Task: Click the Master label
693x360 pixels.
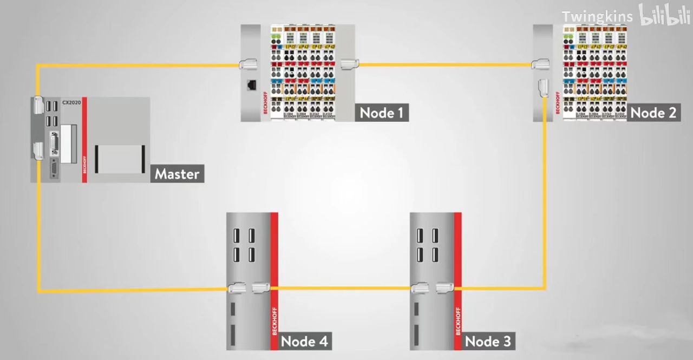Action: [177, 174]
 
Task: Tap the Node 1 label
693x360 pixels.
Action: [382, 113]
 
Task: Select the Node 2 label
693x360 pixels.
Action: [653, 113]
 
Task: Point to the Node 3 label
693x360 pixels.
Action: [487, 341]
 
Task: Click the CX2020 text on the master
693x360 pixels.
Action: [71, 102]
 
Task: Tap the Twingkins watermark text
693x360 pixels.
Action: [597, 17]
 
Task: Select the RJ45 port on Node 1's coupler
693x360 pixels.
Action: [252, 85]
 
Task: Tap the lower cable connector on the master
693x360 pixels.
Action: [37, 150]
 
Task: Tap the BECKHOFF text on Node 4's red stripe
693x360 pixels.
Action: [274, 320]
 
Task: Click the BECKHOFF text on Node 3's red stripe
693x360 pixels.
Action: [458, 320]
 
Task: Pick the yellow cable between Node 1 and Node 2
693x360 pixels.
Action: [444, 64]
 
